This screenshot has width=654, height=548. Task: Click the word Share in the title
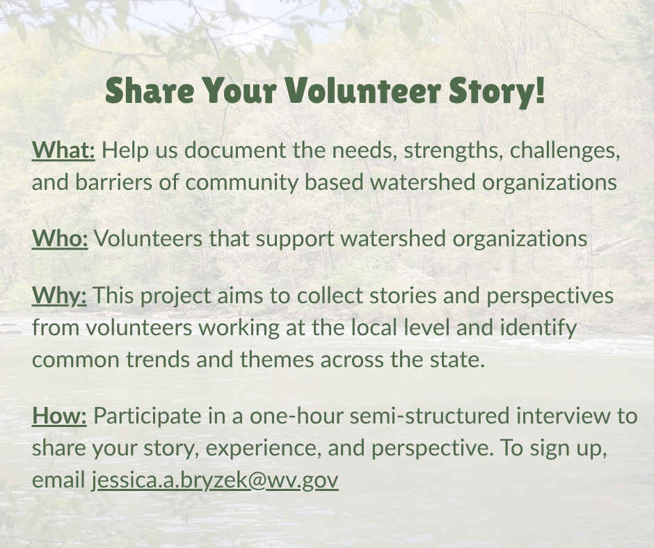coord(150,90)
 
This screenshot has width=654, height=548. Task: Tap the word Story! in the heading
coord(497,92)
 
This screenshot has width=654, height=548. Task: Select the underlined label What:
coord(63,150)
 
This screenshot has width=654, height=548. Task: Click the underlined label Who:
coord(60,239)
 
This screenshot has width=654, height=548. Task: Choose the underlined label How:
coord(59,416)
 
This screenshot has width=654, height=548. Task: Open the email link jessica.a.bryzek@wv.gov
coord(215,481)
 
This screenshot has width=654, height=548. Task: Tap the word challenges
coord(565,151)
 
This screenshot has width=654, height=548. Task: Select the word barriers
coord(113,182)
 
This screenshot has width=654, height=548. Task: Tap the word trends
coord(158,360)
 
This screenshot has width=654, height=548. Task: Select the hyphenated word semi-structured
coord(429,416)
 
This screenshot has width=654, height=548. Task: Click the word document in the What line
coord(235,150)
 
